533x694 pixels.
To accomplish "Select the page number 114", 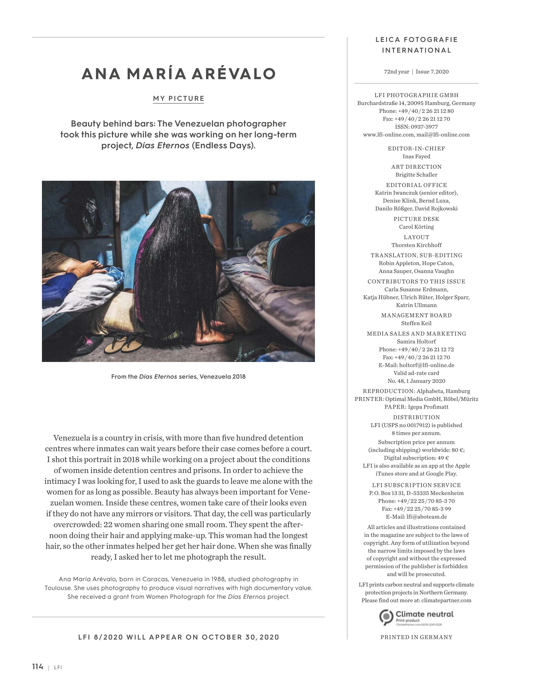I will [x=38, y=666].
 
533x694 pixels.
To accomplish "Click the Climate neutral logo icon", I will [x=386, y=617].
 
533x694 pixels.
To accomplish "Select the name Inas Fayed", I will [x=416, y=156].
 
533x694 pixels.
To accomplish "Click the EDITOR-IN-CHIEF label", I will [x=416, y=149].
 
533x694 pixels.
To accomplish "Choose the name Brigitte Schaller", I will [x=416, y=175].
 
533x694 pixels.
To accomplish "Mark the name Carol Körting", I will [x=416, y=227].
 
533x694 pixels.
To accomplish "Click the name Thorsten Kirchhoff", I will [x=416, y=245].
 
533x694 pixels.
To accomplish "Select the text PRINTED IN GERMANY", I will [x=416, y=637].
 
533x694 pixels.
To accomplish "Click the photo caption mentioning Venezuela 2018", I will [x=178, y=377].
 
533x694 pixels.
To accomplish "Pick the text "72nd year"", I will [x=397, y=72].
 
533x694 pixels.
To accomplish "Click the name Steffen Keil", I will [x=416, y=323].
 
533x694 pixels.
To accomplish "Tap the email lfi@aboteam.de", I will [x=426, y=517].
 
